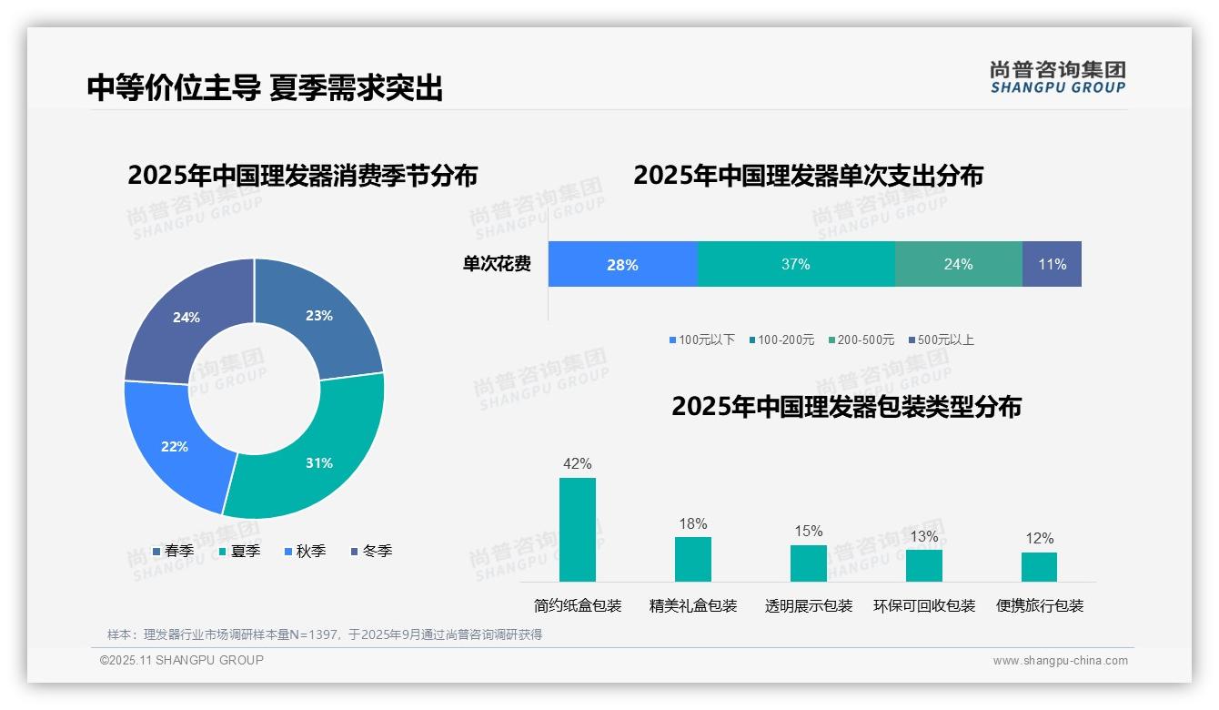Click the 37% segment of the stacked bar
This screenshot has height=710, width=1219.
pos(796,264)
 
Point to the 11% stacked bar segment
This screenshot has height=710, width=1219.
pos(1052,264)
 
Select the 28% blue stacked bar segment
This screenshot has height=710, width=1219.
pos(623,264)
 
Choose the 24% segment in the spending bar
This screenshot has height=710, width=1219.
pos(958,264)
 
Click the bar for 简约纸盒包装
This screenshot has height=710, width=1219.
pos(578,530)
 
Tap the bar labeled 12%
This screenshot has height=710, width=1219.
pos(1039,566)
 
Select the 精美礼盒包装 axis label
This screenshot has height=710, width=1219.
pos(693,605)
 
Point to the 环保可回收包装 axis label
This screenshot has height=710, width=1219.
pos(924,605)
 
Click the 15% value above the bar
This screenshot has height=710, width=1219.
pos(808,531)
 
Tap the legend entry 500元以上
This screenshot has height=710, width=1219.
pos(945,340)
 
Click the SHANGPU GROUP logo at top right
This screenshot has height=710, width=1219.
pos(1057,77)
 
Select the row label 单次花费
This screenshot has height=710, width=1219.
pos(497,264)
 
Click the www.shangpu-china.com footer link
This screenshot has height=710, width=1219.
pos(1060,660)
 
